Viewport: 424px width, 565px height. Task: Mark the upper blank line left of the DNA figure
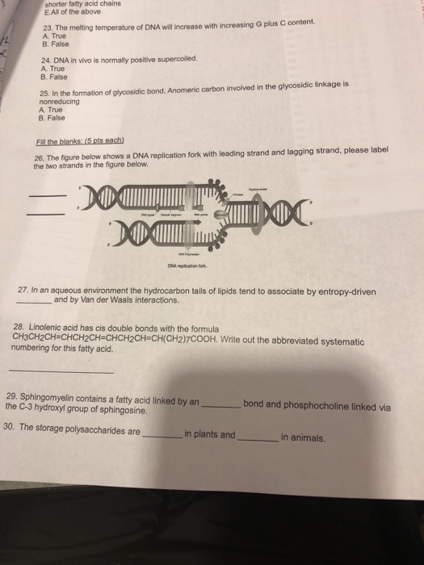45,197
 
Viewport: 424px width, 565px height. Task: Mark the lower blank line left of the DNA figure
45,214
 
